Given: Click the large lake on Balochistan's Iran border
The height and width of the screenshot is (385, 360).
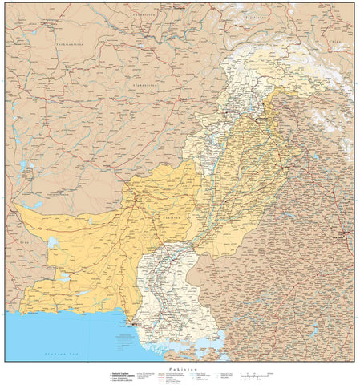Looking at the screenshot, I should [x=52, y=241].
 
